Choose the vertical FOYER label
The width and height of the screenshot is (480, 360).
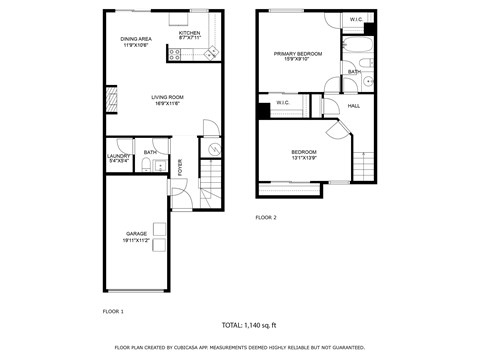pos(181,167)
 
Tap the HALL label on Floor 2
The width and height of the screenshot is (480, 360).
pos(353,105)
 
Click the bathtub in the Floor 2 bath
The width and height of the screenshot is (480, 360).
pos(356,47)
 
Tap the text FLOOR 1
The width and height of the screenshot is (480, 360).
pos(113,312)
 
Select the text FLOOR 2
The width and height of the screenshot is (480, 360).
pos(265,217)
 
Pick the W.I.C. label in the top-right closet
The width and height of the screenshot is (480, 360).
pos(356,20)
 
